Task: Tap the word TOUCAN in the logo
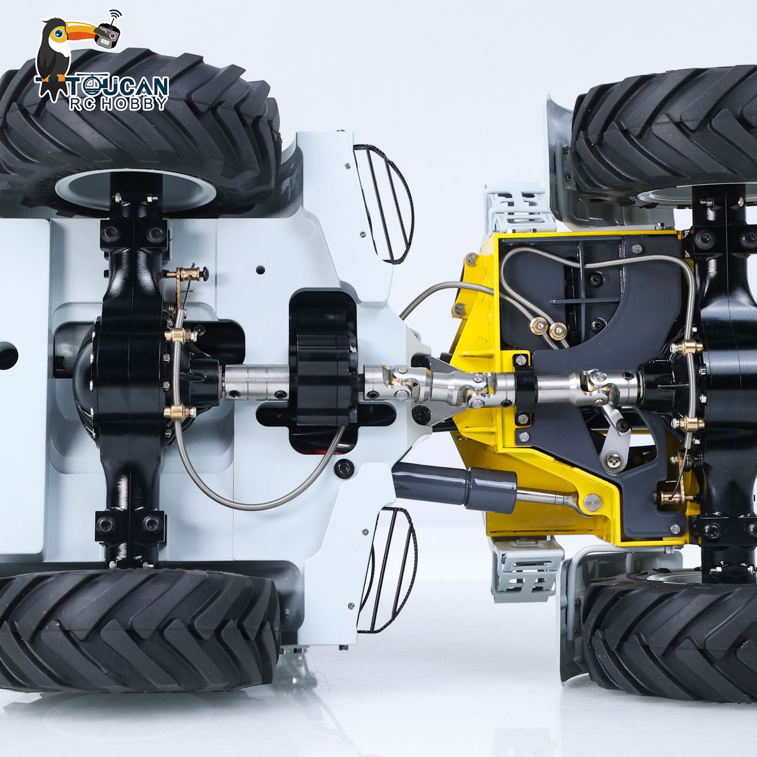click(x=118, y=86)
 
